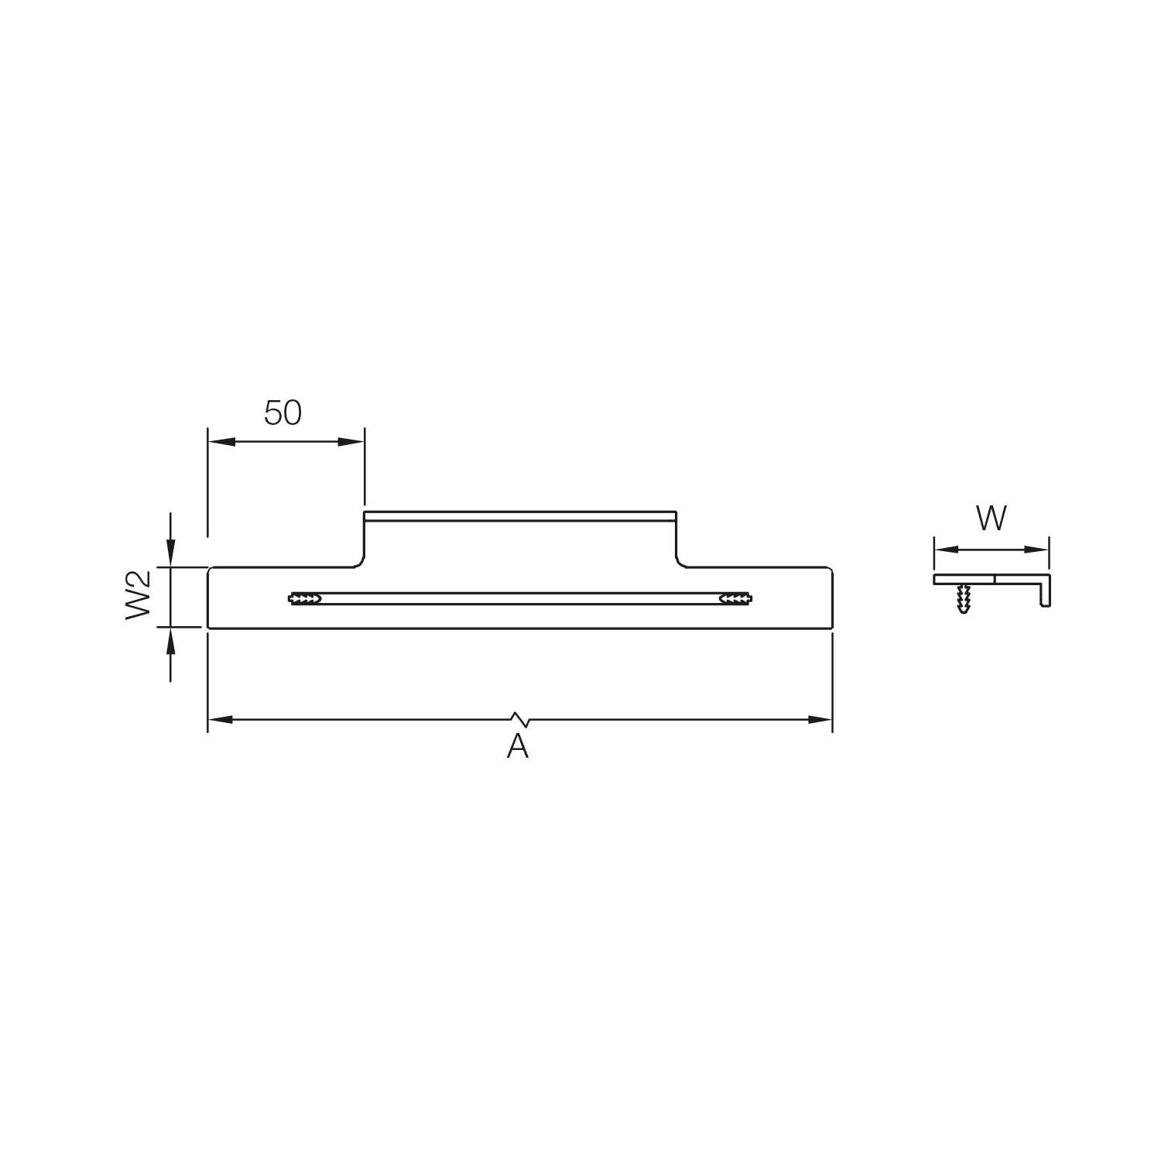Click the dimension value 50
coord(283,413)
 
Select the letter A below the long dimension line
coord(517,746)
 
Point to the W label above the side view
coord(991,519)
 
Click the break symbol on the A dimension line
coord(520,720)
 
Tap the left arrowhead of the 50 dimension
coord(221,442)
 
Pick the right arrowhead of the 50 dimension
coord(351,442)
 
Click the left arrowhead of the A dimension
coord(221,720)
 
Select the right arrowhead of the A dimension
coord(820,720)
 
